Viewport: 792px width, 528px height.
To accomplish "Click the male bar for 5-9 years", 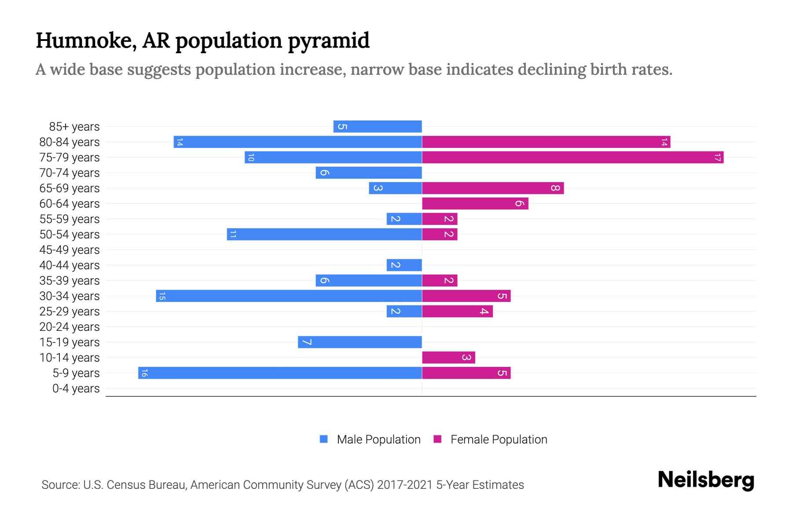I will click(280, 373).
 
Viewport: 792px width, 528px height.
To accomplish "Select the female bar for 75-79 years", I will click(572, 157).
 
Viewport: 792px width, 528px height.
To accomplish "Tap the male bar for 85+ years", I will click(378, 126).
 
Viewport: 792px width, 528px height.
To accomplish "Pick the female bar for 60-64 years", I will click(475, 203).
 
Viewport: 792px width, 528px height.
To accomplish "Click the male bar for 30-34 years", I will click(289, 296).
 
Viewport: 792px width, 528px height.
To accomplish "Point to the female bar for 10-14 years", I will click(448, 357).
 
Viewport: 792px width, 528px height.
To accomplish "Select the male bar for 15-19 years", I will click(359, 342).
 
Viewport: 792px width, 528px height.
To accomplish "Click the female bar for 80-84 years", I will click(546, 142).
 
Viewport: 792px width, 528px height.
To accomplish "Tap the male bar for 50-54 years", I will click(324, 234).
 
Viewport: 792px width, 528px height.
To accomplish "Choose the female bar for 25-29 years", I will click(457, 311).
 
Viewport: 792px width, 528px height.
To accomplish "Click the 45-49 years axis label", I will click(70, 250).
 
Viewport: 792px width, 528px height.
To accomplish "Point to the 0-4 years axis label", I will click(76, 389).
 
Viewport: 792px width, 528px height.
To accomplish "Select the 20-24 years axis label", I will click(70, 327).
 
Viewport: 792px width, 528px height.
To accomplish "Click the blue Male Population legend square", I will click(324, 439).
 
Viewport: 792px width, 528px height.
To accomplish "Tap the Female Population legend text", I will click(499, 439).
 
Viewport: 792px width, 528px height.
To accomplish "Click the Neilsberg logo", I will click(705, 480).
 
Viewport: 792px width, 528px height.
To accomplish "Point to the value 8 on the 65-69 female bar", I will click(555, 188).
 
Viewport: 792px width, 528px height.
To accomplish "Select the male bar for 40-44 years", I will click(404, 265).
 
